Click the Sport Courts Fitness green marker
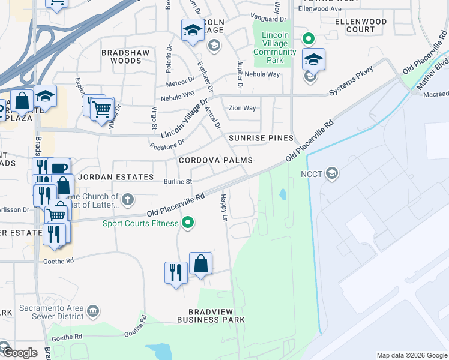point(188,223)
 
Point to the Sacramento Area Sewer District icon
point(93,311)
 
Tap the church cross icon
point(127,199)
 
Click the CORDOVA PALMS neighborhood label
point(215,161)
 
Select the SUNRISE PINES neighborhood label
point(260,138)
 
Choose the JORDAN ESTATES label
point(116,177)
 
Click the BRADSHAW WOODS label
point(121,56)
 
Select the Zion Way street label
point(243,108)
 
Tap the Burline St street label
point(178,181)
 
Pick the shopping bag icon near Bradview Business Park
point(200,263)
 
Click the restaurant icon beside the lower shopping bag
point(175,273)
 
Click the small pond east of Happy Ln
point(282,194)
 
